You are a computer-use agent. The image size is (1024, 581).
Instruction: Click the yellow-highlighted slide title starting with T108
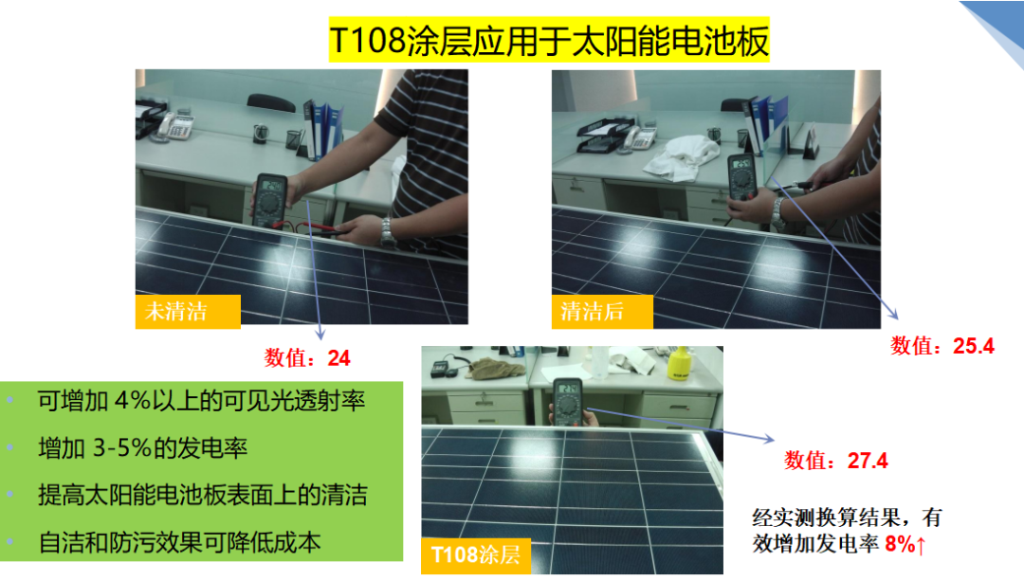click(x=549, y=41)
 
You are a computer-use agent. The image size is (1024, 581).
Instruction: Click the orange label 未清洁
click(x=188, y=311)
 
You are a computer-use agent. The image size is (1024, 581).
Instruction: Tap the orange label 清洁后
click(x=602, y=312)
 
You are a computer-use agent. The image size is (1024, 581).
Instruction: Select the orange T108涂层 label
click(x=475, y=554)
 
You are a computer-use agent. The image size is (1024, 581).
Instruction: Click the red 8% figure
click(x=900, y=544)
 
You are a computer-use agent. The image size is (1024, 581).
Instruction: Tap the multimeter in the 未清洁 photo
click(x=269, y=200)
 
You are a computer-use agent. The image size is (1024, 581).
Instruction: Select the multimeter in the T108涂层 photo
click(x=568, y=401)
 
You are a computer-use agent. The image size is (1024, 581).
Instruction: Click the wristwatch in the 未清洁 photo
click(x=388, y=232)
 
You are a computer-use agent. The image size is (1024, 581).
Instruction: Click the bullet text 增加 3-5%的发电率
click(x=143, y=447)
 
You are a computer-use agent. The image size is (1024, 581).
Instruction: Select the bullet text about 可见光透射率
click(x=201, y=400)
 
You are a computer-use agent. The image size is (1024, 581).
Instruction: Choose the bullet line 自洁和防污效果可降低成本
click(x=179, y=542)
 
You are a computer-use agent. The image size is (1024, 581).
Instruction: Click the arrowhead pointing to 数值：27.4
click(x=769, y=438)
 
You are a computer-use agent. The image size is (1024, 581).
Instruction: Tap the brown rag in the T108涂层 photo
click(x=498, y=368)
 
